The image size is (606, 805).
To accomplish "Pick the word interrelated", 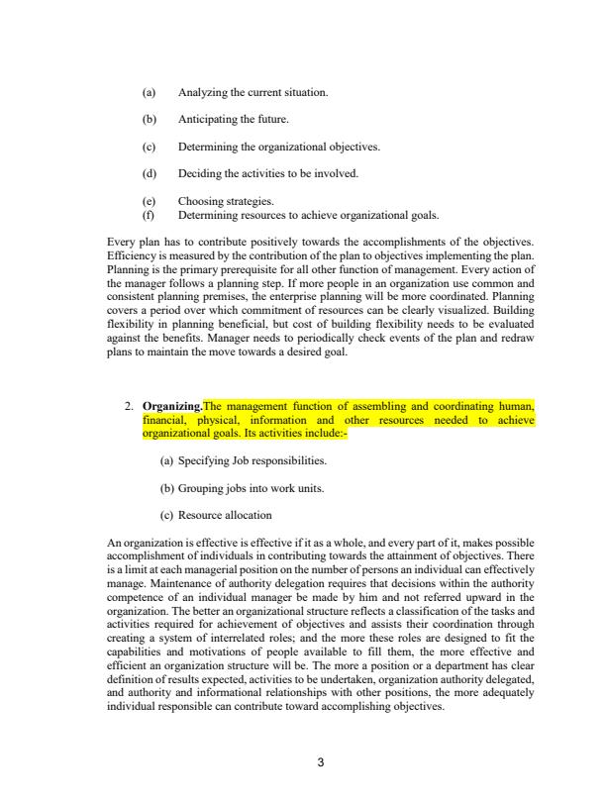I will tap(254, 645).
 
